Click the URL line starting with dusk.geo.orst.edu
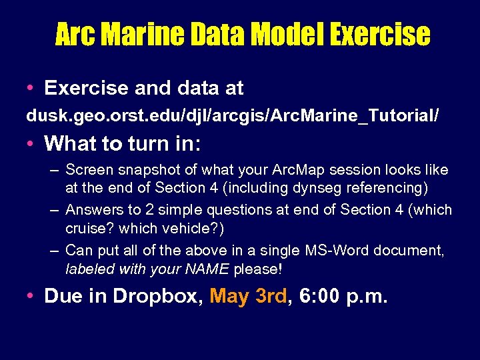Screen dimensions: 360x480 point(233,116)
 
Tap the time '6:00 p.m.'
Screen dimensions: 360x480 point(343,296)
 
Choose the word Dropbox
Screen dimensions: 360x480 point(157,296)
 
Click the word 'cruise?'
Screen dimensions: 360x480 point(89,228)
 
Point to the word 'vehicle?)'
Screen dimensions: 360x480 point(193,228)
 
